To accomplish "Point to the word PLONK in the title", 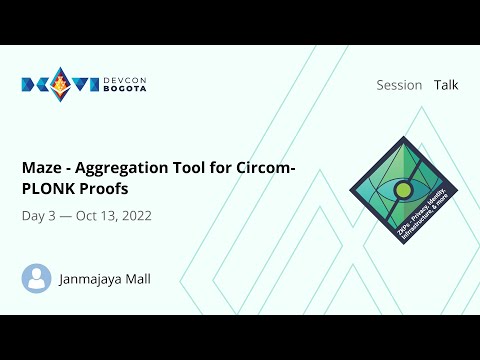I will [x=50, y=188].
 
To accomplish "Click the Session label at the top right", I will [x=399, y=85].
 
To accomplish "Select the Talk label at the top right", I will [x=446, y=85].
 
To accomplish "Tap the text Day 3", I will [x=38, y=216].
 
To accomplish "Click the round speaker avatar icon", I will [x=37, y=278].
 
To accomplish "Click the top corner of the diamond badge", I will [x=403, y=138].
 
